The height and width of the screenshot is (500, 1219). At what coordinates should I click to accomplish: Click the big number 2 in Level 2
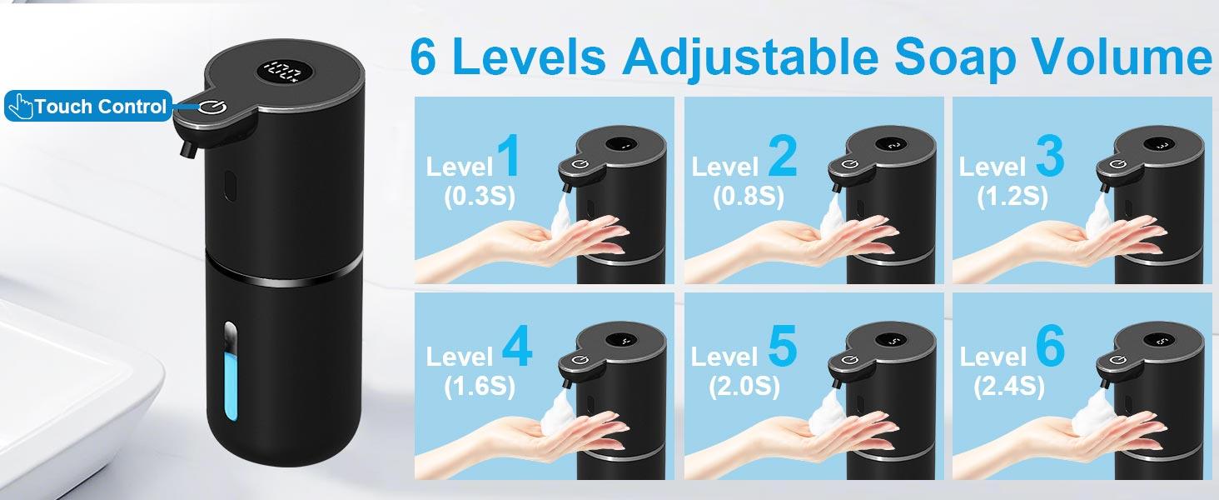(783, 157)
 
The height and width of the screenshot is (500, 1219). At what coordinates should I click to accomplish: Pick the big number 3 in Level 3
(1050, 157)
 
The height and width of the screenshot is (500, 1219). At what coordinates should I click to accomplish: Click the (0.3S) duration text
(480, 197)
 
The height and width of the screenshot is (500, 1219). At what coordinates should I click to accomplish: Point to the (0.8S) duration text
(749, 197)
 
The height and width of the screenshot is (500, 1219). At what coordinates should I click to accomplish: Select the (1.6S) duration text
(480, 387)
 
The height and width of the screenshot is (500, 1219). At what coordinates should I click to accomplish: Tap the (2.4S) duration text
(1009, 387)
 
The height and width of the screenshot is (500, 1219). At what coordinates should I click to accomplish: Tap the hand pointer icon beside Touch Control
(21, 106)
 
